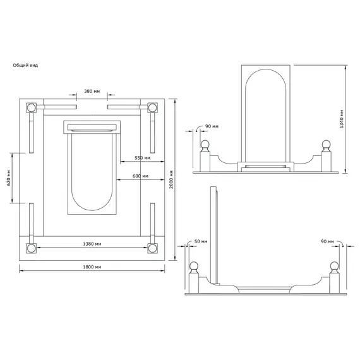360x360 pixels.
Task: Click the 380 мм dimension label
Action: (x=92, y=92)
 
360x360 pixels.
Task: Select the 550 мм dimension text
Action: (x=142, y=158)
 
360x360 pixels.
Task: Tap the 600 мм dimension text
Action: (x=140, y=176)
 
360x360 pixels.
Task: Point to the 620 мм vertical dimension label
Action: (x=9, y=178)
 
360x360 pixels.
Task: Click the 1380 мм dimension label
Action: (x=92, y=244)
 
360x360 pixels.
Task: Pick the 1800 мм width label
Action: (x=92, y=267)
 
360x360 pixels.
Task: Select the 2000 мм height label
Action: (x=171, y=179)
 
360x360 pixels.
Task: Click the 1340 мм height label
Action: (x=342, y=119)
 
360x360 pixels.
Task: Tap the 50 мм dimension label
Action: (x=201, y=241)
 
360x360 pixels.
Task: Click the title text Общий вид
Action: (x=25, y=66)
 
